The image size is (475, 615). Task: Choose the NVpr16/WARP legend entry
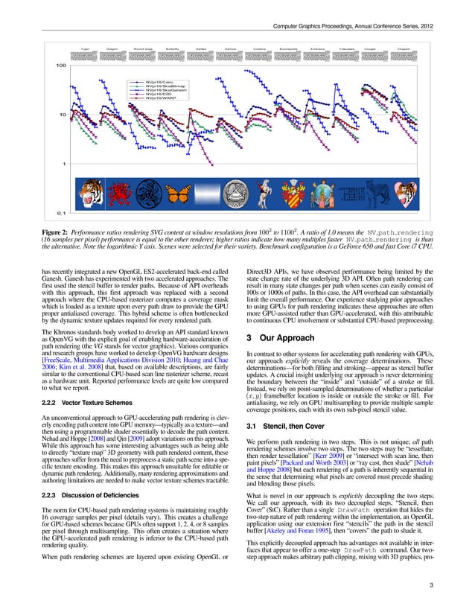click(x=159, y=99)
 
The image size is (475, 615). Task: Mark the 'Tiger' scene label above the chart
click(x=85, y=47)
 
